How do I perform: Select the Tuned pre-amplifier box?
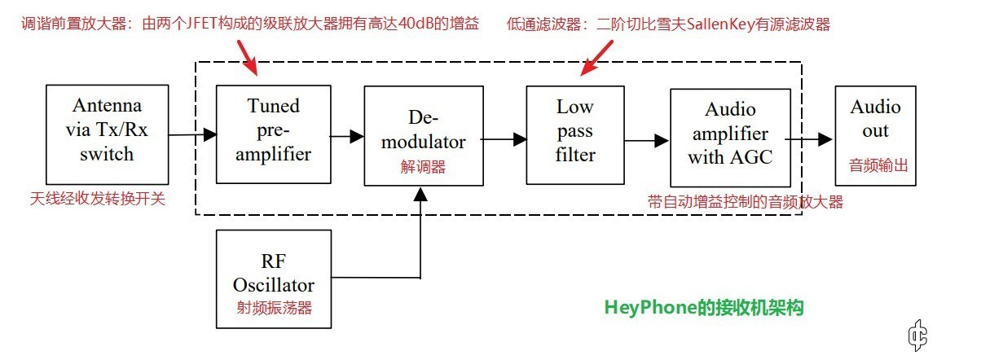pyautogui.click(x=273, y=134)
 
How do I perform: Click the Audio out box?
pyautogui.click(x=876, y=134)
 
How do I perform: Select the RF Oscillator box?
pyautogui.click(x=273, y=279)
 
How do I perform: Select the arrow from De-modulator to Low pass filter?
pyautogui.click(x=505, y=140)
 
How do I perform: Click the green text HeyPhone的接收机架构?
pyautogui.click(x=704, y=308)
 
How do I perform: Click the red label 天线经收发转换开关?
pyautogui.click(x=98, y=198)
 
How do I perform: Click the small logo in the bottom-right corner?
pyautogui.click(x=918, y=335)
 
